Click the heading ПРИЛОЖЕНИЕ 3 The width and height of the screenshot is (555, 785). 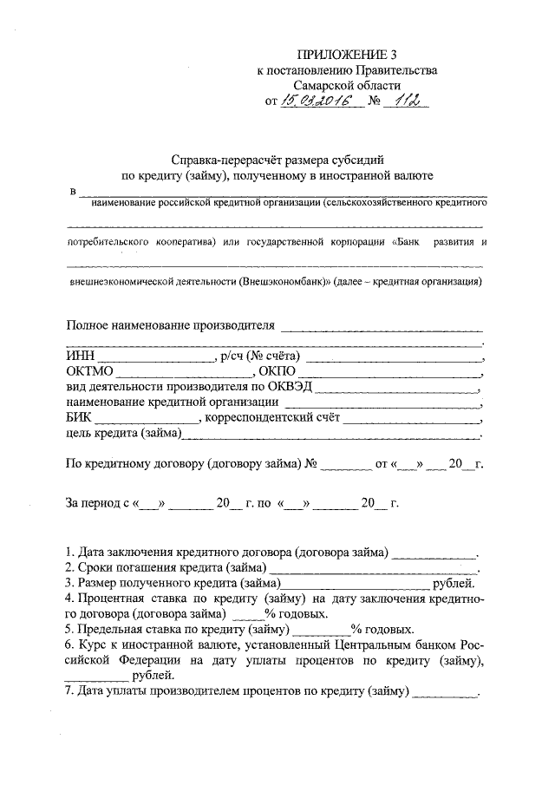coord(339,54)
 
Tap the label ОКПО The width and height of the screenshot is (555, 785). coord(276,370)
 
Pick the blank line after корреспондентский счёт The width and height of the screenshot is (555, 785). coord(411,417)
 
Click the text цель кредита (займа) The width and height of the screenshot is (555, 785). coord(122,433)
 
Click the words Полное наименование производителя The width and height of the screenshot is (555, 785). coord(170,325)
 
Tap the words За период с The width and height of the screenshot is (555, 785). coord(98,502)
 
